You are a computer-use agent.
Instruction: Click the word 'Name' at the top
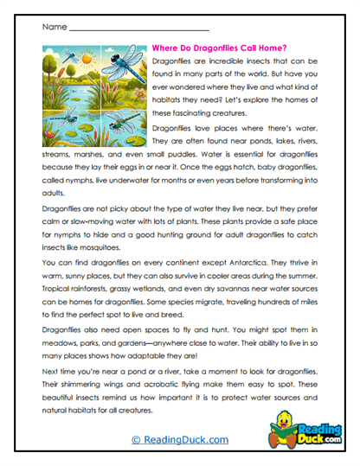pyautogui.click(x=53, y=28)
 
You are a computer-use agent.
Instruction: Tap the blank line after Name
pyautogui.click(x=138, y=30)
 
